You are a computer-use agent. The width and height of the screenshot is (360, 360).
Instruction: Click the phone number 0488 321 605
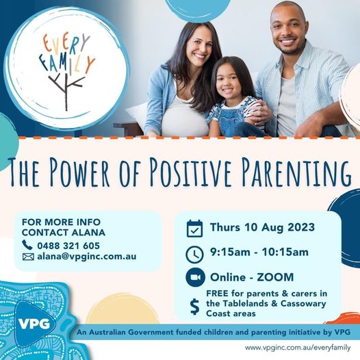coord(68,246)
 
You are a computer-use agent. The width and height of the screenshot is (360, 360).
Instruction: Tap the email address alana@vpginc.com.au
coord(87,257)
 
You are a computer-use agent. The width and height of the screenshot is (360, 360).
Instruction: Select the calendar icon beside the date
coord(194,229)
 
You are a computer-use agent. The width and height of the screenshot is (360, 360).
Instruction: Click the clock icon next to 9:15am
coord(194,255)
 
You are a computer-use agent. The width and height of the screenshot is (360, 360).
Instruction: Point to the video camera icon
coord(195,277)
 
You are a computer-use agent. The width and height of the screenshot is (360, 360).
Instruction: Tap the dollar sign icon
coord(194,307)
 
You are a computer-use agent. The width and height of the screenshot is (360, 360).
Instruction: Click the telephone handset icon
coord(27,245)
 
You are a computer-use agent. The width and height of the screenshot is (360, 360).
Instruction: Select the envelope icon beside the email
coord(28,257)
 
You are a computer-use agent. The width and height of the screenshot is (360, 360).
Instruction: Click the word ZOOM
coord(275,277)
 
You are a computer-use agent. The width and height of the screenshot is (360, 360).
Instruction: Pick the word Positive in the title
coord(190,171)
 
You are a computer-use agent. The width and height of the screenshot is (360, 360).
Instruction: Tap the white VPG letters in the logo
coord(34,324)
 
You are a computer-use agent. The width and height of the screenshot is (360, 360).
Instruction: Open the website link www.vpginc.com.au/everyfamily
coord(298,348)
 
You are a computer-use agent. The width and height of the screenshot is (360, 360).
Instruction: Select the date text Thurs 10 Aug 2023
coord(262,227)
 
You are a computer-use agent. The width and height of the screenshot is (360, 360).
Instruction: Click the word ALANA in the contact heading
coord(88,232)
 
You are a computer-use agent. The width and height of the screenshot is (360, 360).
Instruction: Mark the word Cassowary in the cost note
coord(303,303)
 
